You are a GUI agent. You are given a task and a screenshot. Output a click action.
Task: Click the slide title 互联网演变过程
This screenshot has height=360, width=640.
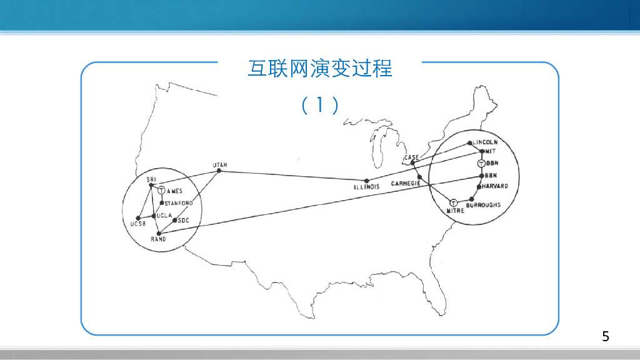coord(319,68)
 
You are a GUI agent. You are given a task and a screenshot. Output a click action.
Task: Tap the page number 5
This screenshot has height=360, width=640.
coord(605,336)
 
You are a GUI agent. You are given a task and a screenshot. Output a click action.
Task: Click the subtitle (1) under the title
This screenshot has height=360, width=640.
coord(319,105)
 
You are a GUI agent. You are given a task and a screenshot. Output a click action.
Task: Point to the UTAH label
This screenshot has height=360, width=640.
coord(219,165)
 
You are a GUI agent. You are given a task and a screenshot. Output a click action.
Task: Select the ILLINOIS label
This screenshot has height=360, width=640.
coord(366,187)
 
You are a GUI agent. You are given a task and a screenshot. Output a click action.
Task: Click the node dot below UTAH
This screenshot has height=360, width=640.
coord(219,171)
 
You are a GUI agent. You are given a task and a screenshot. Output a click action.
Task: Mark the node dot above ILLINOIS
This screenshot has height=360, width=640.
coord(367,180)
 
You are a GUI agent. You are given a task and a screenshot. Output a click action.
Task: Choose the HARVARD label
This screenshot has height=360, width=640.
coord(495,186)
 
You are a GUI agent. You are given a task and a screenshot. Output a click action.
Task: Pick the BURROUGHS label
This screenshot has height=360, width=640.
coord(483,205)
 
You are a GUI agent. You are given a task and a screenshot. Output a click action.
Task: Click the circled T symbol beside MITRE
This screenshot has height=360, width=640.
coord(454,202)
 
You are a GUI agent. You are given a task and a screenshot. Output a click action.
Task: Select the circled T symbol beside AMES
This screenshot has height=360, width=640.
coord(161,190)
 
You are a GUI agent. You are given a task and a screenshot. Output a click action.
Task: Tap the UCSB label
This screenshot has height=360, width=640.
coord(137,224)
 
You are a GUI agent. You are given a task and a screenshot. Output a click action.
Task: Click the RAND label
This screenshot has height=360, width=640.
coord(158,239)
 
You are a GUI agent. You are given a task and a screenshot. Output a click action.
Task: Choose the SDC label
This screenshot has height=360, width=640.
coord(183,220)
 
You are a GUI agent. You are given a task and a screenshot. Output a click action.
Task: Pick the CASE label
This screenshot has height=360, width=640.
coord(411,158)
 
